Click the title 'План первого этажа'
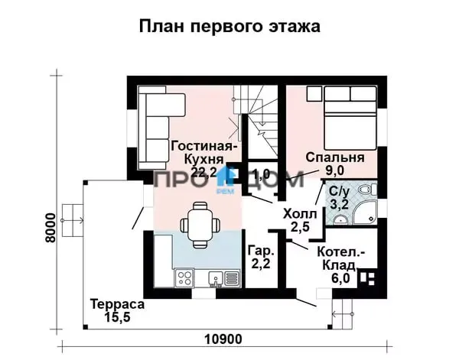tap(229, 26)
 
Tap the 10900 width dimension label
tap(223, 339)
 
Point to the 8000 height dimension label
tap(50, 228)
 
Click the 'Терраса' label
tap(117, 304)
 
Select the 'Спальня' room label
tap(335, 157)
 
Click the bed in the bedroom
tap(350, 118)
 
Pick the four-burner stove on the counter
tap(184, 277)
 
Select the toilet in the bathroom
tap(367, 190)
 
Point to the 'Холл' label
tap(300, 214)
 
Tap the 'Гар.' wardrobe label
tap(262, 251)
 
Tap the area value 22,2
tap(203, 173)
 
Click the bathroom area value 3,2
tap(340, 204)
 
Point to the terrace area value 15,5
tap(117, 316)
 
